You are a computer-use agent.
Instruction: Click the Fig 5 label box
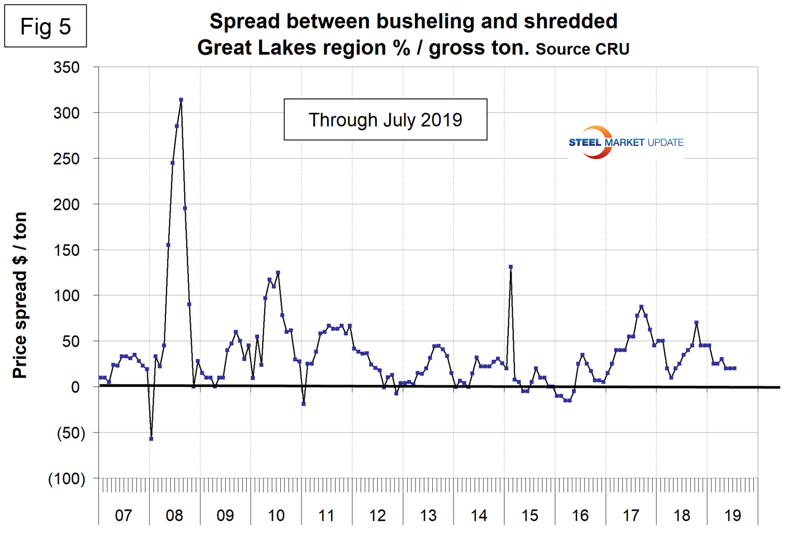click(x=45, y=26)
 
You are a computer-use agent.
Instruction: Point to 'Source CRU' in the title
click(x=582, y=49)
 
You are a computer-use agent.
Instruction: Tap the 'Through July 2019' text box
click(x=385, y=119)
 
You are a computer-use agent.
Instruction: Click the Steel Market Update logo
click(x=625, y=142)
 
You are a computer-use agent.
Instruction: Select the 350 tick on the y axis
click(x=66, y=68)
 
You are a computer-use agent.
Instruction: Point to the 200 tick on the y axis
click(x=66, y=204)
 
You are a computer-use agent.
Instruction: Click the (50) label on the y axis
click(x=71, y=433)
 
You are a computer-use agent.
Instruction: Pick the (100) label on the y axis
click(x=66, y=478)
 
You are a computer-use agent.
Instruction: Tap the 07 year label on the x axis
click(x=123, y=515)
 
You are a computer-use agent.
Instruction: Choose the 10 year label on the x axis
click(x=276, y=515)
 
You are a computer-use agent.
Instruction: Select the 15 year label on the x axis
click(x=529, y=515)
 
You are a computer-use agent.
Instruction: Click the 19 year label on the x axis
click(x=732, y=515)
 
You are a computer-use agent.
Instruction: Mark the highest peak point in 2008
click(x=181, y=100)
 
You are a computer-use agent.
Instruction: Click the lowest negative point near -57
click(x=151, y=439)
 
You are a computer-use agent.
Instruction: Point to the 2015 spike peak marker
click(x=511, y=267)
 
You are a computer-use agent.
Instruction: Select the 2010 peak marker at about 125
click(x=278, y=273)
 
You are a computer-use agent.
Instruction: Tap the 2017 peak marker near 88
click(x=641, y=306)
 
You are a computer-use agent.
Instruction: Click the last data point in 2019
click(x=734, y=368)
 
